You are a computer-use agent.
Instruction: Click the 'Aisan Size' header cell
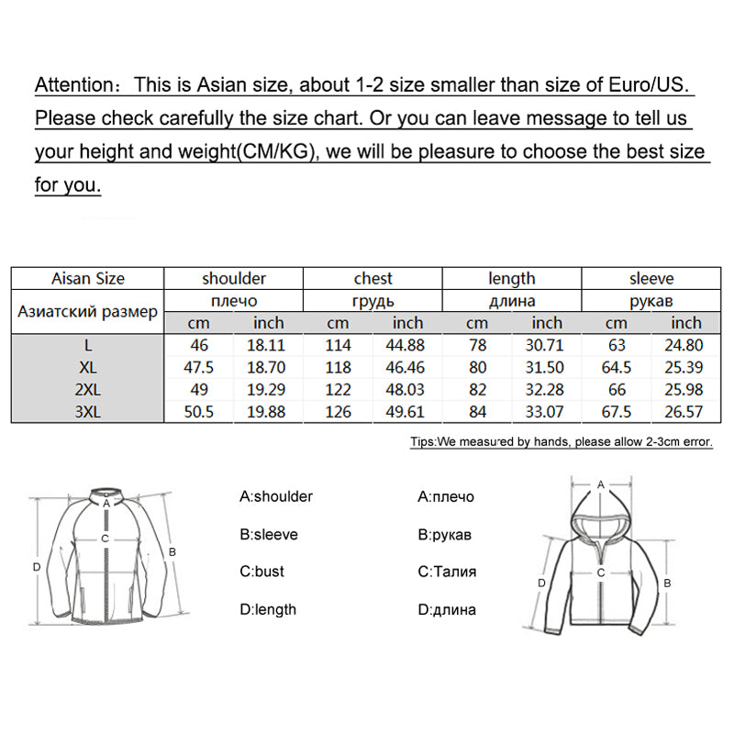click(x=88, y=279)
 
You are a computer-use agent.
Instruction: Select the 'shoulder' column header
click(x=234, y=279)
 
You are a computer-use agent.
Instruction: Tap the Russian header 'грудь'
click(x=373, y=301)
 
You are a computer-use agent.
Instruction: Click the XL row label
click(x=88, y=367)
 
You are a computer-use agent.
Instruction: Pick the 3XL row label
click(x=88, y=412)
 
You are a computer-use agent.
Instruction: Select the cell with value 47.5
click(x=199, y=367)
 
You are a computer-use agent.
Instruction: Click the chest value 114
click(x=339, y=345)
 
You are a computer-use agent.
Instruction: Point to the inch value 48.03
click(x=408, y=390)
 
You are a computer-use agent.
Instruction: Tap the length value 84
click(x=477, y=412)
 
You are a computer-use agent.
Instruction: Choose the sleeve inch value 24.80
click(x=686, y=345)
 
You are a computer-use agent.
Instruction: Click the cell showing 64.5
click(x=617, y=367)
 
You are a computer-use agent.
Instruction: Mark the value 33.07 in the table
click(x=547, y=412)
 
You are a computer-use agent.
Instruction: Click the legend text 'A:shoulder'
click(x=276, y=496)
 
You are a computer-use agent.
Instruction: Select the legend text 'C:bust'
click(x=262, y=572)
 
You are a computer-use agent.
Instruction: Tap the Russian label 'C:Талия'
click(x=447, y=572)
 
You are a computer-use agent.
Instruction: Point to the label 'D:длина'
click(x=447, y=609)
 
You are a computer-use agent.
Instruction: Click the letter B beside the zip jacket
click(x=172, y=551)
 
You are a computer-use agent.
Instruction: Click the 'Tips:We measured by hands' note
click(x=562, y=441)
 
